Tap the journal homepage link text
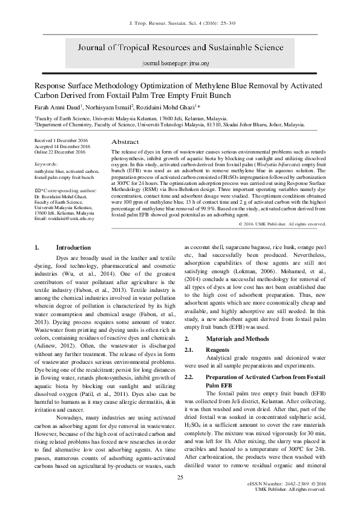coord(180,63)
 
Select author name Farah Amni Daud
coord(56,106)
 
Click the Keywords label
coord(46,164)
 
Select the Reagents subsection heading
coord(217,350)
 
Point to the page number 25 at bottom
coord(180,478)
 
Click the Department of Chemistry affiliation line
coord(169,124)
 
